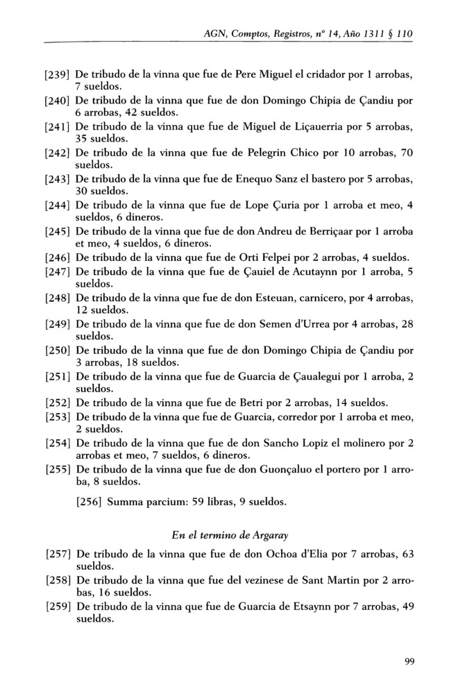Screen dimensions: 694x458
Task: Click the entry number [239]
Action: point(58,74)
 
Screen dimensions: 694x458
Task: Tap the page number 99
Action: point(409,660)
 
